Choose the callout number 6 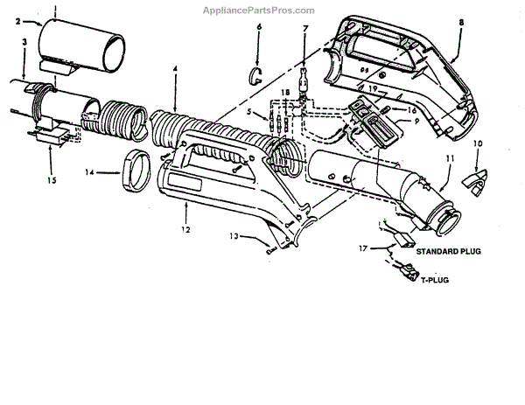[260, 28]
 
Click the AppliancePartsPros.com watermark [262, 10]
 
